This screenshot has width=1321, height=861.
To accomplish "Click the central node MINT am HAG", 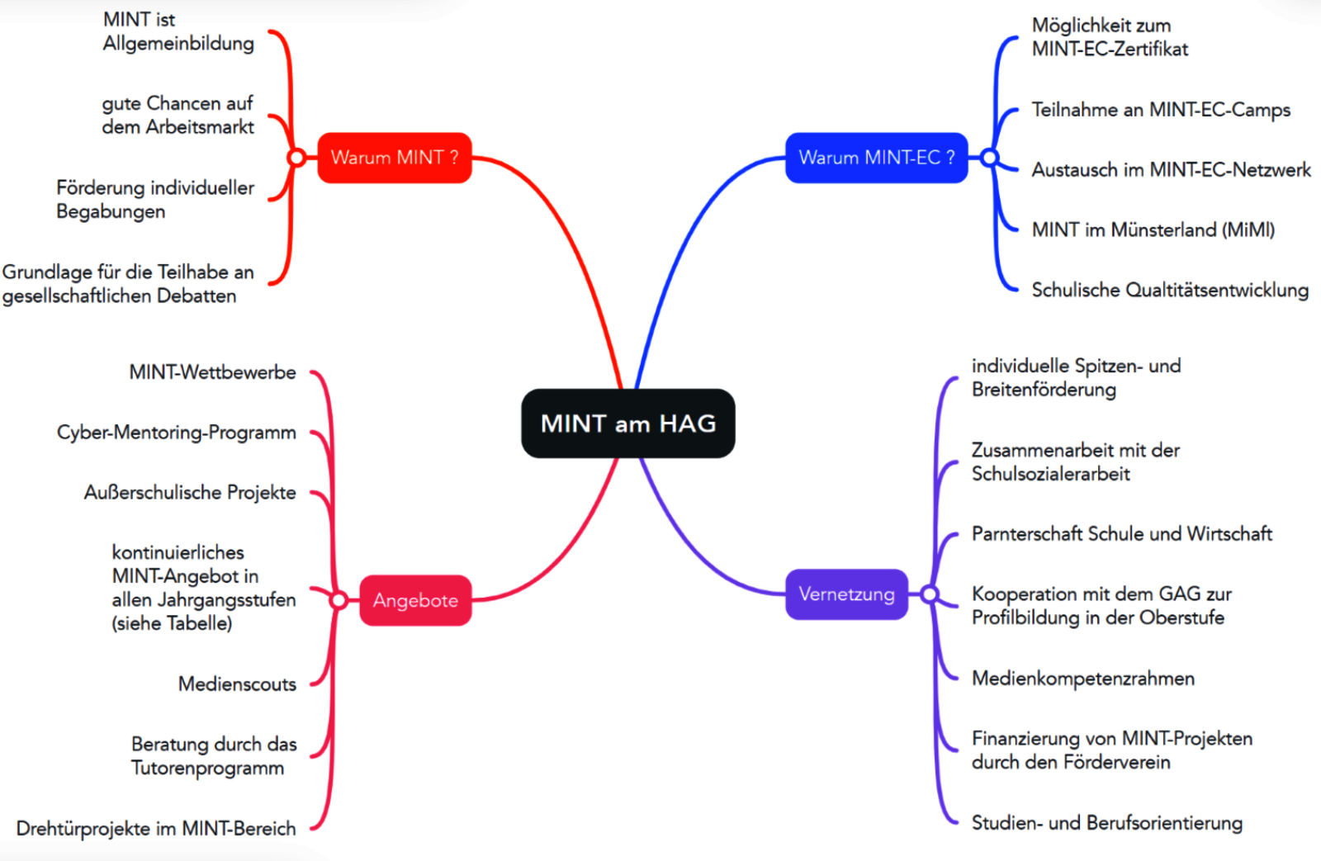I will pyautogui.click(x=628, y=423).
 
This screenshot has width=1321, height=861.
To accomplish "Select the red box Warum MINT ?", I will pyautogui.click(x=395, y=158).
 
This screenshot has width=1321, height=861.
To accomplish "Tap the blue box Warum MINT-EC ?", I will pyautogui.click(x=876, y=158).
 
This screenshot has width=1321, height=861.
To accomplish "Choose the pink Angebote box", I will pyautogui.click(x=415, y=600).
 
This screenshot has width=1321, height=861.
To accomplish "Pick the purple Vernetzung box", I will pyautogui.click(x=846, y=594).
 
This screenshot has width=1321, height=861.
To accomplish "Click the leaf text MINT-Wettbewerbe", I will pyautogui.click(x=212, y=372).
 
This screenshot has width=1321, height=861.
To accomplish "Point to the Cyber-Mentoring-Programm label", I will pyautogui.click(x=176, y=433).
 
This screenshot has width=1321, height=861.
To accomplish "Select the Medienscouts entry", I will pyautogui.click(x=237, y=684).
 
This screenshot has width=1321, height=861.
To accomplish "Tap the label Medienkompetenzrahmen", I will pyautogui.click(x=1082, y=679).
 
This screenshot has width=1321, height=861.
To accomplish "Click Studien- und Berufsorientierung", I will pyautogui.click(x=1106, y=823).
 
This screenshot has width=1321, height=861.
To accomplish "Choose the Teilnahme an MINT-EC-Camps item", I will pyautogui.click(x=1161, y=110).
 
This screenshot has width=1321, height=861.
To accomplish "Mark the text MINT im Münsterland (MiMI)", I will pyautogui.click(x=1153, y=229).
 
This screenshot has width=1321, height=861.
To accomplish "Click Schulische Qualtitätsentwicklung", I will pyautogui.click(x=1170, y=290).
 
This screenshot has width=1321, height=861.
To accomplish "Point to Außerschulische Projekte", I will pyautogui.click(x=190, y=493).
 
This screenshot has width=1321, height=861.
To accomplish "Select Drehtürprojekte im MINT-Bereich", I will pyautogui.click(x=156, y=828).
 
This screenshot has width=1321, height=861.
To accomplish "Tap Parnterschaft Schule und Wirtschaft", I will pyautogui.click(x=1121, y=534).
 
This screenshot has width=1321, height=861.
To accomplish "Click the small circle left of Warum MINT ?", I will pyautogui.click(x=296, y=158).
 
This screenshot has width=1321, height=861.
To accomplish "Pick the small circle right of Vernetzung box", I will pyautogui.click(x=930, y=594).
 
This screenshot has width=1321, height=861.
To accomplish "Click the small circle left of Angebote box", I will pyautogui.click(x=339, y=600).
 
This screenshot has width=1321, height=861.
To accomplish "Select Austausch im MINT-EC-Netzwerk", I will pyautogui.click(x=1171, y=170).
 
